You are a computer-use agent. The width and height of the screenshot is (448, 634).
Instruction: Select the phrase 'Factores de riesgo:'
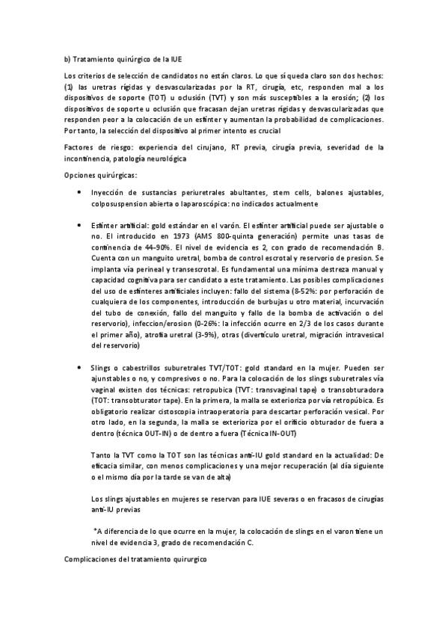tap(94, 148)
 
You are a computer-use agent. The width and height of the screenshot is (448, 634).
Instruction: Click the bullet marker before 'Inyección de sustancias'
tap(80, 193)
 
